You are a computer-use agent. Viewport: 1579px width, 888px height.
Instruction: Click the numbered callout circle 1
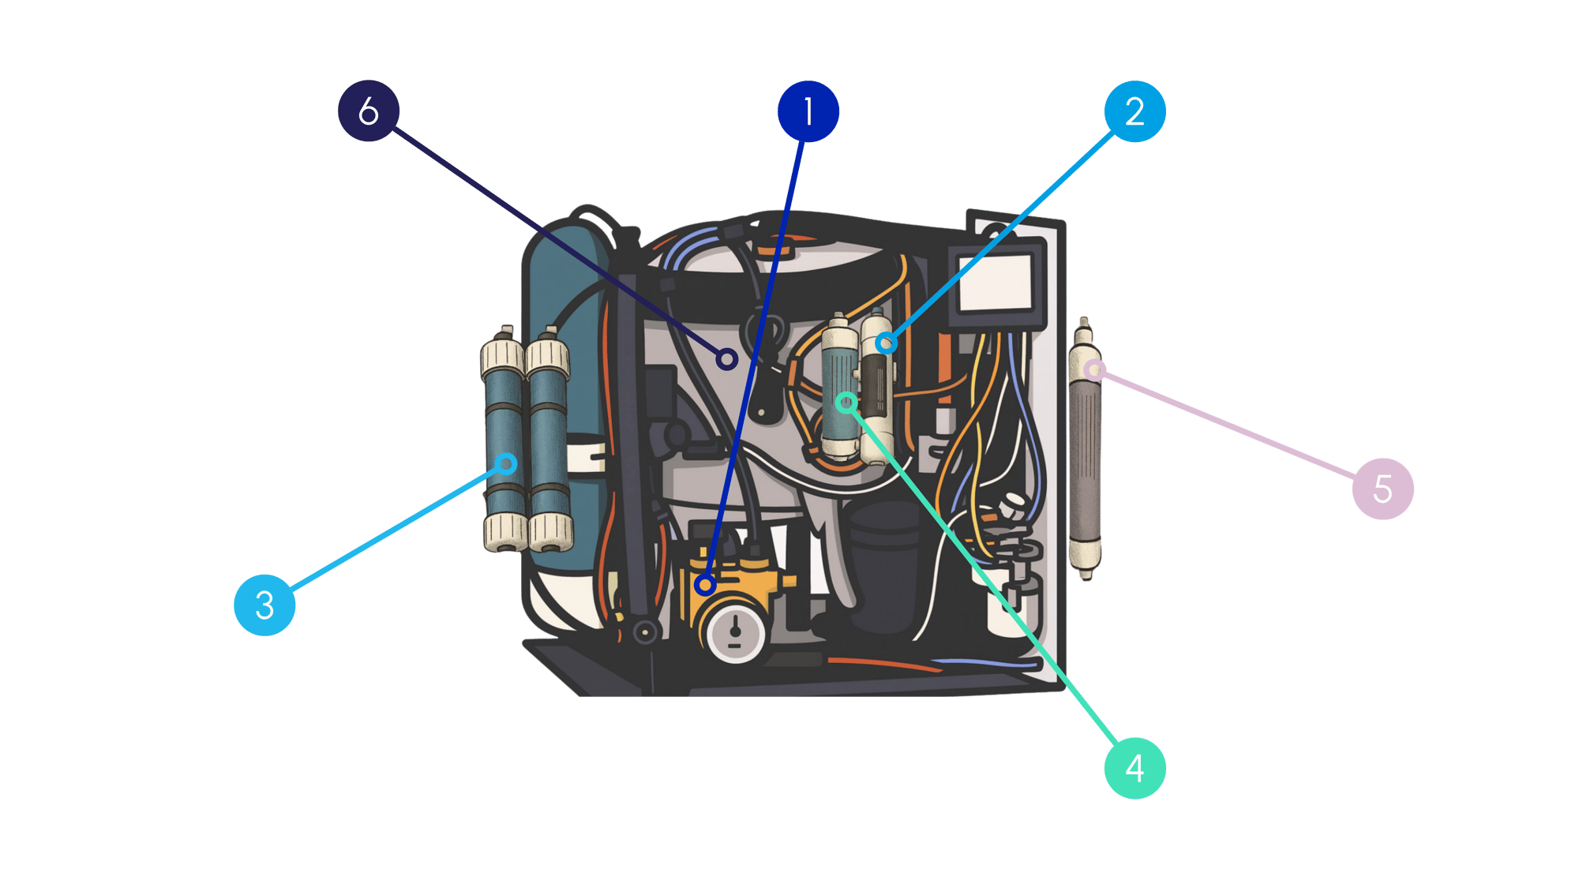pyautogui.click(x=808, y=111)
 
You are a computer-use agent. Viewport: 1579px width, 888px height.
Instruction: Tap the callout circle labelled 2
pyautogui.click(x=1135, y=111)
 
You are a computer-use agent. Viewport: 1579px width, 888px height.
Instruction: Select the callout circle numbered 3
pyautogui.click(x=264, y=605)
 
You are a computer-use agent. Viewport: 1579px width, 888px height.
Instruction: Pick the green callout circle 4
pyautogui.click(x=1135, y=768)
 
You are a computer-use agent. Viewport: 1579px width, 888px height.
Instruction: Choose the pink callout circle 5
pyautogui.click(x=1382, y=489)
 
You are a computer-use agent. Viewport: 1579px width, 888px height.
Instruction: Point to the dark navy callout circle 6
pyautogui.click(x=369, y=111)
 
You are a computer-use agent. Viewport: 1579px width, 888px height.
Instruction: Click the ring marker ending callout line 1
pyautogui.click(x=705, y=585)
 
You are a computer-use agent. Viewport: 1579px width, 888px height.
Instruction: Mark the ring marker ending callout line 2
pyautogui.click(x=887, y=343)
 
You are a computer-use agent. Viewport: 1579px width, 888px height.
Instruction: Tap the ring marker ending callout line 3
pyautogui.click(x=507, y=463)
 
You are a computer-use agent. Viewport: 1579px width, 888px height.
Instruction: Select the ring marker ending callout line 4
pyautogui.click(x=846, y=403)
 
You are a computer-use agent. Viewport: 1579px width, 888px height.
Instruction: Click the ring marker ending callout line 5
pyautogui.click(x=1093, y=369)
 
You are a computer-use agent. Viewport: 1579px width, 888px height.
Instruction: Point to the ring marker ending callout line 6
pyautogui.click(x=727, y=360)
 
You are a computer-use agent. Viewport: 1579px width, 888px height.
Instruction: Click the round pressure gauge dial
pyautogui.click(x=735, y=632)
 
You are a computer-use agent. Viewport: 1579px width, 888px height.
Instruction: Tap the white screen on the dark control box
pyautogui.click(x=996, y=283)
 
